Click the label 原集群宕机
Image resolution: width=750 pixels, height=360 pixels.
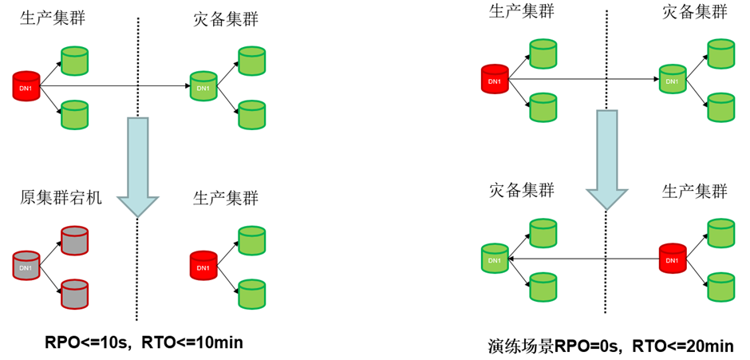pyautogui.click(x=61, y=198)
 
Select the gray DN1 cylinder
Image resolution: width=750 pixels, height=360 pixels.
pyautogui.click(x=26, y=266)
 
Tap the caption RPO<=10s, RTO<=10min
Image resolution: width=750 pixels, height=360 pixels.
pyautogui.click(x=144, y=342)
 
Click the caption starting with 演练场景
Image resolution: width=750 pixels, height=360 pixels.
pyautogui.click(x=610, y=346)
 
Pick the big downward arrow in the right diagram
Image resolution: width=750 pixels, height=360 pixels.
pyautogui.click(x=607, y=159)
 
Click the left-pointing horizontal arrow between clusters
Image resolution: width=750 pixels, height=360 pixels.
pyautogui.click(x=582, y=259)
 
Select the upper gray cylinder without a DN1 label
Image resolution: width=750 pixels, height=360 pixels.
pyautogui.click(x=74, y=240)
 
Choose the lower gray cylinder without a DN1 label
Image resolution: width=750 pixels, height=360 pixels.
pyautogui.click(x=74, y=294)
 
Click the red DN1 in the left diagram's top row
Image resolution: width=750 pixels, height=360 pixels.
pyautogui.click(x=26, y=85)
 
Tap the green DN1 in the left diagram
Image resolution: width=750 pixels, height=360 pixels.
pyautogui.click(x=203, y=85)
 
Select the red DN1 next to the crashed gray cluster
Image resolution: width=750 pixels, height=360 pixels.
pyautogui.click(x=203, y=266)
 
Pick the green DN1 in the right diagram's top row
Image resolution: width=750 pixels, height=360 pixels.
pyautogui.click(x=673, y=79)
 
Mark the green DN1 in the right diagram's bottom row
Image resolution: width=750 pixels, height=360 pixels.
pyautogui.click(x=495, y=259)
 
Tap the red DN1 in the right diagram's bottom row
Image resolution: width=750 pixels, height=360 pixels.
pyautogui.click(x=673, y=259)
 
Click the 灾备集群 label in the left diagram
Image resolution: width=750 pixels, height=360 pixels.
pyautogui.click(x=226, y=18)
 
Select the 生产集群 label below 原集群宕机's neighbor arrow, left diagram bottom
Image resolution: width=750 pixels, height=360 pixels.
pyautogui.click(x=226, y=198)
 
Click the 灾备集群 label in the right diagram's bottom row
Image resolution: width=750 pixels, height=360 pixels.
pyautogui.click(x=521, y=191)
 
